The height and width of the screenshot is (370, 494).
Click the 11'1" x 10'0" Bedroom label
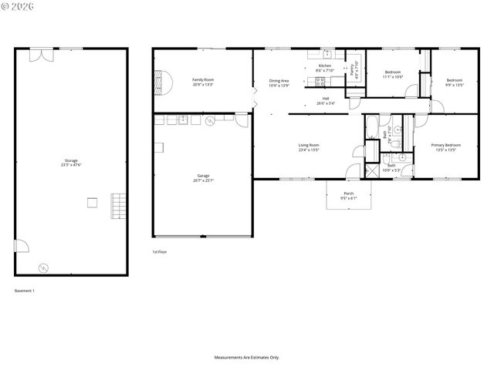tap(394, 74)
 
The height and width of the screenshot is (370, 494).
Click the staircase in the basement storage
tap(118, 204)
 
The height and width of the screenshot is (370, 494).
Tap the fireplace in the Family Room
tap(161, 80)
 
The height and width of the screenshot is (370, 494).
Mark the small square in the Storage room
tap(92, 203)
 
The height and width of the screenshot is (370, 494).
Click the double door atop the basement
tap(41, 53)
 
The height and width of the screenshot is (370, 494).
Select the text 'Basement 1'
tap(25, 291)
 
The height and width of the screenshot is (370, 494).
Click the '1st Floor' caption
tap(159, 252)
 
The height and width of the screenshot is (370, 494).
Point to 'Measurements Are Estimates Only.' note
tap(247, 358)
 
